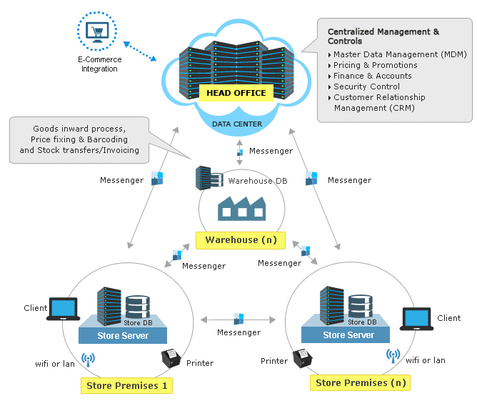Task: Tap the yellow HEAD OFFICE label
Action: tap(236, 93)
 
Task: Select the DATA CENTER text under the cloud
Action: tap(236, 124)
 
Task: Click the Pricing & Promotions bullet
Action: tap(375, 65)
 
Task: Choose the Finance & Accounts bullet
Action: tap(372, 76)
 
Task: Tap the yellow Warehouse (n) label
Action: tap(241, 239)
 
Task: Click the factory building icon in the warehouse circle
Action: tap(241, 208)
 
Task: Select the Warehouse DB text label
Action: tap(251, 180)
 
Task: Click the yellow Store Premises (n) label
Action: tap(361, 382)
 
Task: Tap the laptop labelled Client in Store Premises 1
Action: tap(63, 308)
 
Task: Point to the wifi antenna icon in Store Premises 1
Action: tap(88, 359)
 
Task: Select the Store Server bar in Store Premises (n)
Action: tap(348, 335)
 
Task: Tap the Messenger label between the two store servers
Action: tap(239, 332)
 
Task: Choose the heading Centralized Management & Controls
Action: tap(383, 36)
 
